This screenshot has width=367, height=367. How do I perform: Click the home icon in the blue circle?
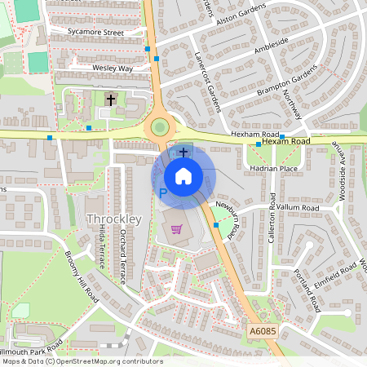tap(183, 176)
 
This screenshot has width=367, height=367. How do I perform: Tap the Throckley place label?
tap(114, 219)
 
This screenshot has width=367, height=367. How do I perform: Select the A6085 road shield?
tap(261, 332)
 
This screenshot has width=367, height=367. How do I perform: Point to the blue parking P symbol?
tap(162, 194)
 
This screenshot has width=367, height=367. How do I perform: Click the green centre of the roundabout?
tap(159, 127)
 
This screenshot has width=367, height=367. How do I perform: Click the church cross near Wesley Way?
tap(110, 99)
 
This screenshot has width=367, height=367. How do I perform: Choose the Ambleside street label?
tap(272, 42)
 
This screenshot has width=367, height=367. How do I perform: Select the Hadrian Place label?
tap(276, 168)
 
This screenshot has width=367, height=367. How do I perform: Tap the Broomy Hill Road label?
tap(82, 276)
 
